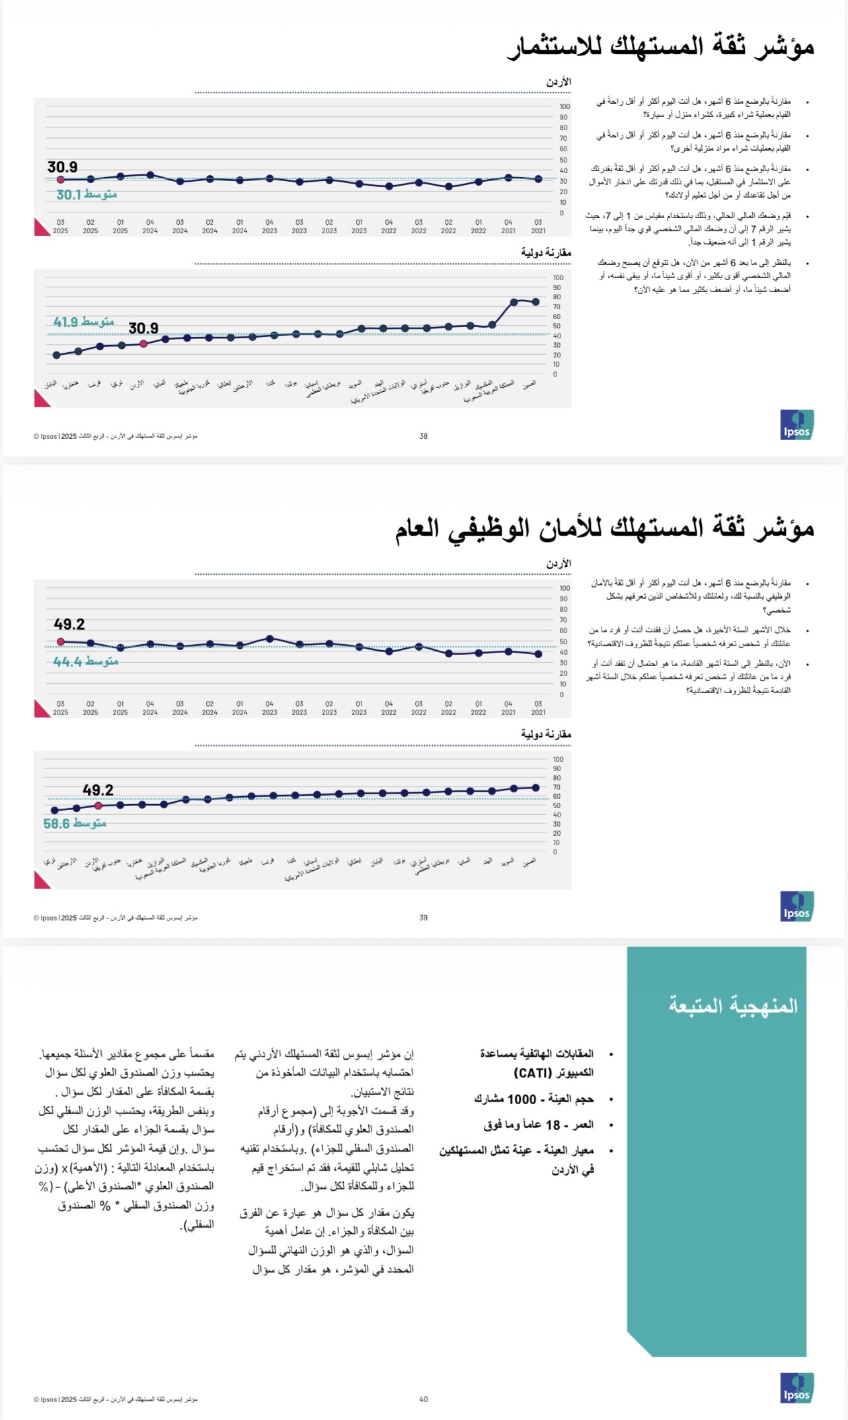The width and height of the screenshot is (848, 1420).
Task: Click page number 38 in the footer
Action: coord(424,436)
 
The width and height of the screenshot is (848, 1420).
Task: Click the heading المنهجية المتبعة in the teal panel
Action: coord(733,1006)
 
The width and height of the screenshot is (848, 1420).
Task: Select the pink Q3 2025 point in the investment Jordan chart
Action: coord(61,180)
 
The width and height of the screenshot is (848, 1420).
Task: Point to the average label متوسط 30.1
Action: coord(87,194)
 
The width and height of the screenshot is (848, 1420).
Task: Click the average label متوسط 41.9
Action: coord(84,322)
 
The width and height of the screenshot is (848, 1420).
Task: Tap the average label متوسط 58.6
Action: coord(75,823)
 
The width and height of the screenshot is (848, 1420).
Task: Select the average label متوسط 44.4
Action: coord(86,661)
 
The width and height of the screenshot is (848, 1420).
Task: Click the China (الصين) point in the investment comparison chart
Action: coord(535,302)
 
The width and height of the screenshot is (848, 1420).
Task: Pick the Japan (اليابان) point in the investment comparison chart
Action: coord(56,355)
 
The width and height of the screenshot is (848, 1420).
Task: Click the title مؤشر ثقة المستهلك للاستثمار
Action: coord(660,47)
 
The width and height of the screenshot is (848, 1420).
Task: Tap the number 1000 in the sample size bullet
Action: coord(521,1099)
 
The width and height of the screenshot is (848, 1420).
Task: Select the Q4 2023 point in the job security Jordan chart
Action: coord(270,639)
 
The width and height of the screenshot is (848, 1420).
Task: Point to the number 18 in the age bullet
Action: coord(553,1125)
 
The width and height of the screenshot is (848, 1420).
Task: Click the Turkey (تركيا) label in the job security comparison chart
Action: coord(50,862)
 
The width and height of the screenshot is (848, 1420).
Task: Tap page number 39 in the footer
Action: coord(424,918)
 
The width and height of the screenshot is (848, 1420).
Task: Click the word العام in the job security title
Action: coord(418,529)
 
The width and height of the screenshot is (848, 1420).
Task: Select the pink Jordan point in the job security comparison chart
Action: coord(98,806)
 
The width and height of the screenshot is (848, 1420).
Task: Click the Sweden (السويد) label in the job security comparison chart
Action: coord(508,862)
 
